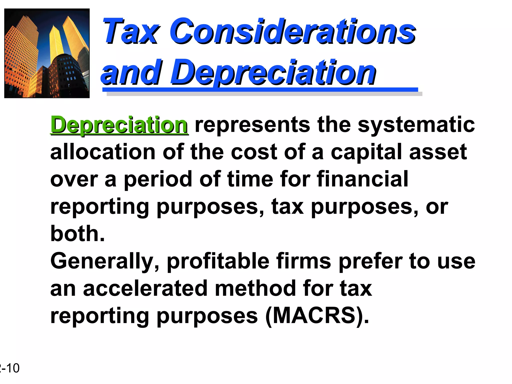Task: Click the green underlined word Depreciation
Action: (119, 125)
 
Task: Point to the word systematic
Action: (416, 125)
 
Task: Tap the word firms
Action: (304, 261)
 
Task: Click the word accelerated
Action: (145, 288)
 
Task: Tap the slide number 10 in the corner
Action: (12, 368)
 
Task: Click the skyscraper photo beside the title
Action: (47, 53)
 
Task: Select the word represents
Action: (252, 125)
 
